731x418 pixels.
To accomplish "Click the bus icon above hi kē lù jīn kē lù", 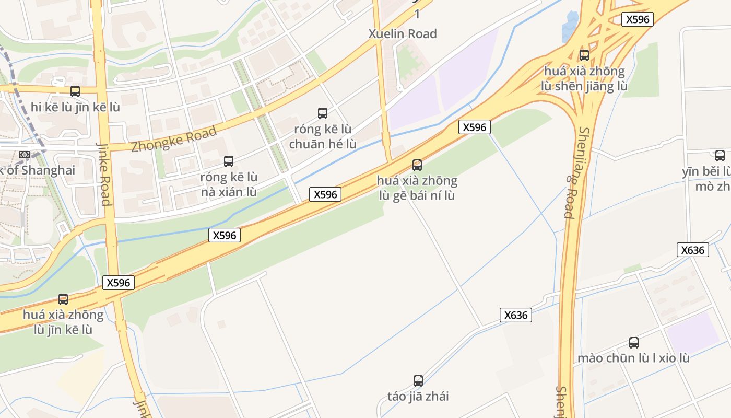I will (x=75, y=91).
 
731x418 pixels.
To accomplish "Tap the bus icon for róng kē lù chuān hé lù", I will (x=323, y=113).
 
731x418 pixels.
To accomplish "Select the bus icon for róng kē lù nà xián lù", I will (x=229, y=161).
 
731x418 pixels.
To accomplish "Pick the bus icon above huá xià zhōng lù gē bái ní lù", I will (x=417, y=165).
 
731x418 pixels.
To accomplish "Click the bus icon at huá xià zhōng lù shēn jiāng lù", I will (x=584, y=55).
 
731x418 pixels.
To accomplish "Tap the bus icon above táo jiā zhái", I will (x=418, y=380).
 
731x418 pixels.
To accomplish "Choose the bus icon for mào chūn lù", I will (x=634, y=343).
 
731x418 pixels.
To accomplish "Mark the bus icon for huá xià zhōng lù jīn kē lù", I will (x=63, y=299).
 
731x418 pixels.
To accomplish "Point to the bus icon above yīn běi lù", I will (x=720, y=155).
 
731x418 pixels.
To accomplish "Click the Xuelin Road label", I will (x=403, y=34).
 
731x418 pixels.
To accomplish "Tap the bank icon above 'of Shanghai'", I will (x=25, y=155).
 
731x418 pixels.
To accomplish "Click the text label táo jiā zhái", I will (x=418, y=396).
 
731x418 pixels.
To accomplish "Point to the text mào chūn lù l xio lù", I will (x=633, y=358).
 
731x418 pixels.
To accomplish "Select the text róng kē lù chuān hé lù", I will (x=323, y=136).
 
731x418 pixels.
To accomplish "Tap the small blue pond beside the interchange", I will (x=570, y=26).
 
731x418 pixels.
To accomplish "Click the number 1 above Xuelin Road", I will (x=417, y=14).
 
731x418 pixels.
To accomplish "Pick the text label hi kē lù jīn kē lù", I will (x=75, y=107).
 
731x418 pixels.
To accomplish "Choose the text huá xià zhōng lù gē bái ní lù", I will (x=417, y=188).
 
